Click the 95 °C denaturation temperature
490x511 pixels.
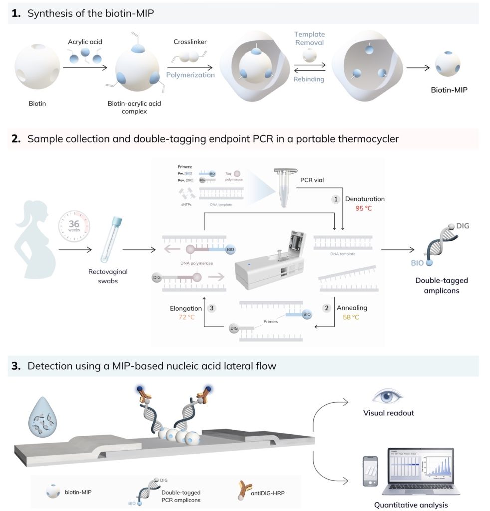pyautogui.click(x=363, y=208)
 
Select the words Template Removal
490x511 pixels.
pyautogui.click(x=309, y=38)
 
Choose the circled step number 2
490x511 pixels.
pyautogui.click(x=327, y=308)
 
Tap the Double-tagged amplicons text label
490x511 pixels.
pyautogui.click(x=441, y=285)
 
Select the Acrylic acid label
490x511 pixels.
pyautogui.click(x=85, y=41)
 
